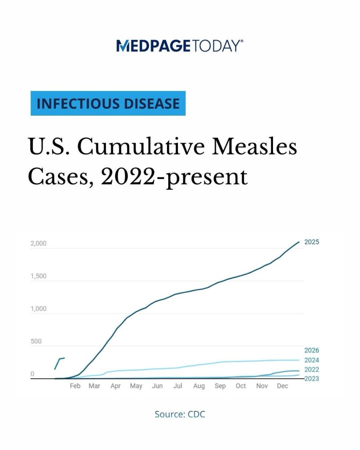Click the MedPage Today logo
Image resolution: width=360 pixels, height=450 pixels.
[x=180, y=46]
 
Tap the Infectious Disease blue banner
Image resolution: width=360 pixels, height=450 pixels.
[x=108, y=103]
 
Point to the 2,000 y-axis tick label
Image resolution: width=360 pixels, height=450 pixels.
[x=38, y=244]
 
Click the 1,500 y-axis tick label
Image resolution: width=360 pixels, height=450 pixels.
[x=38, y=276]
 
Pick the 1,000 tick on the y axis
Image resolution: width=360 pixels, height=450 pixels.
[x=38, y=309]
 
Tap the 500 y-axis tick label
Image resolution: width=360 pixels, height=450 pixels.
[x=36, y=341]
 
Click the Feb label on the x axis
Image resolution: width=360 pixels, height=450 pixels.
[x=75, y=386]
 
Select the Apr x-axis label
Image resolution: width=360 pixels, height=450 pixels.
[x=116, y=386]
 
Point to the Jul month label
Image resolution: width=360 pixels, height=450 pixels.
[x=178, y=386]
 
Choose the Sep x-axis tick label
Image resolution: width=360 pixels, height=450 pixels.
[x=220, y=386]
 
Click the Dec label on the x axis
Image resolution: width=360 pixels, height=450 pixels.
[x=283, y=386]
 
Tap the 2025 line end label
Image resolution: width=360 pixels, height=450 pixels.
[x=312, y=242]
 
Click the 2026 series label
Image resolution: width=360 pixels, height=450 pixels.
[x=312, y=351]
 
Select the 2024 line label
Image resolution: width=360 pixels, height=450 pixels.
[x=312, y=360]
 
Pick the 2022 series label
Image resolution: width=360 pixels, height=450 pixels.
[x=312, y=370]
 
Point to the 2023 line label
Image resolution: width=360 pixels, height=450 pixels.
[x=312, y=379]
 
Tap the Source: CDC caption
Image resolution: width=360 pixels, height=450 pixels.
[x=180, y=414]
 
